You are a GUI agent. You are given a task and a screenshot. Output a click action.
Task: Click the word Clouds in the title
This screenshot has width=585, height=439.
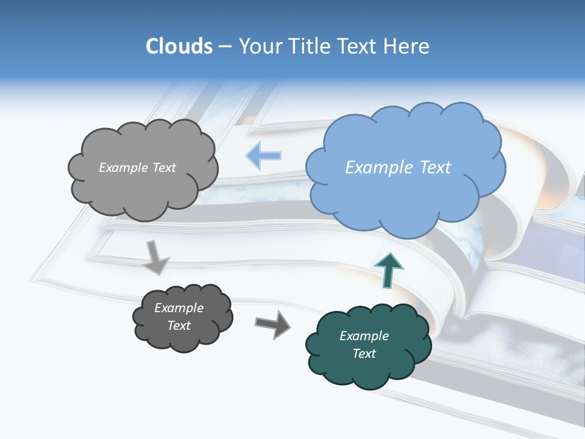(x=179, y=46)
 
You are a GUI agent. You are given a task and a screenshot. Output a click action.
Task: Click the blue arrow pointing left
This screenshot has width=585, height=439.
(x=263, y=156)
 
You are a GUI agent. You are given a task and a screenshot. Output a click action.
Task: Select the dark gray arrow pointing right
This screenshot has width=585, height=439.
(x=272, y=324)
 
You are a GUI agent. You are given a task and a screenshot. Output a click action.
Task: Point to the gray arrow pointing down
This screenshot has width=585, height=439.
(x=156, y=257)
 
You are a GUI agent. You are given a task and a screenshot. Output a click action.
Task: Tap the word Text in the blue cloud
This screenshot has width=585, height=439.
(x=436, y=168)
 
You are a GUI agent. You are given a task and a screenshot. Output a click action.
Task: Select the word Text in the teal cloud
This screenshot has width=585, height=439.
(x=364, y=354)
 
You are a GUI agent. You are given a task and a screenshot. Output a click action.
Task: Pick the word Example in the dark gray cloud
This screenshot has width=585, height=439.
(x=179, y=308)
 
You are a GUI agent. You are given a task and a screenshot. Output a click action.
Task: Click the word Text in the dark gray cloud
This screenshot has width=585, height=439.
(x=179, y=326)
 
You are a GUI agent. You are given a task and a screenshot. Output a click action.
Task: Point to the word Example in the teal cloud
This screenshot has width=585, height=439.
(x=364, y=336)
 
